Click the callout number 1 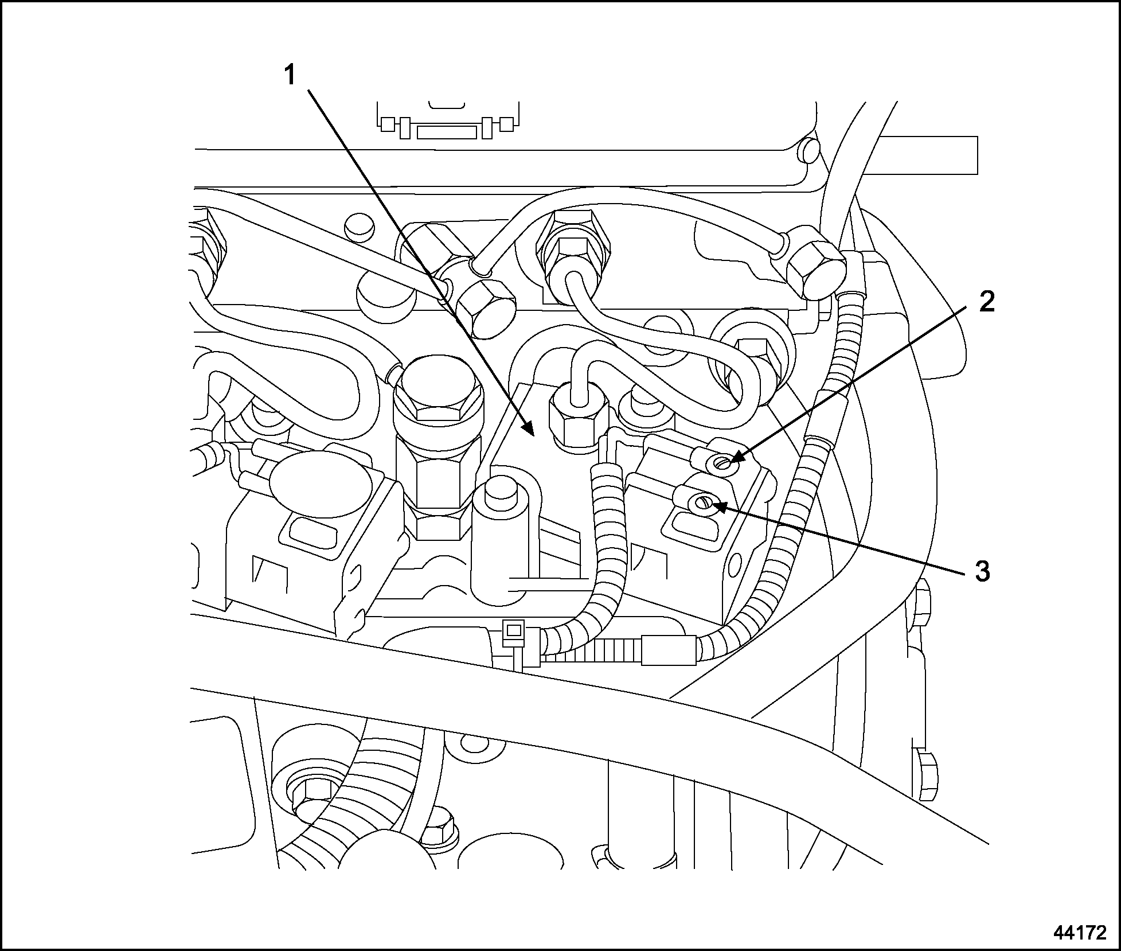(291, 75)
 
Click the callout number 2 (986, 302)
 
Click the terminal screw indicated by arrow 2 (724, 462)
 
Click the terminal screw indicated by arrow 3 (703, 504)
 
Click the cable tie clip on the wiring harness (514, 632)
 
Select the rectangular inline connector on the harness (669, 650)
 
